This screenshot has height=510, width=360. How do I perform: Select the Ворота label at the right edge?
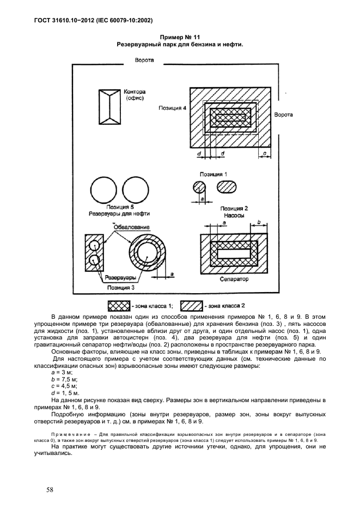pyautogui.click(x=283, y=115)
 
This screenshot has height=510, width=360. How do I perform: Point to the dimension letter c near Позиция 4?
pyautogui.click(x=265, y=155)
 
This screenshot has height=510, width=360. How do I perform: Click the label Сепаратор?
pyautogui.click(x=234, y=279)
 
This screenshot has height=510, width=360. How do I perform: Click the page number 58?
pyautogui.click(x=50, y=489)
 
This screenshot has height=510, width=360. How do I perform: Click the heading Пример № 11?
pyautogui.click(x=179, y=37)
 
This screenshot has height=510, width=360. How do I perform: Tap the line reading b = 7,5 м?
pyautogui.click(x=64, y=378)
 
